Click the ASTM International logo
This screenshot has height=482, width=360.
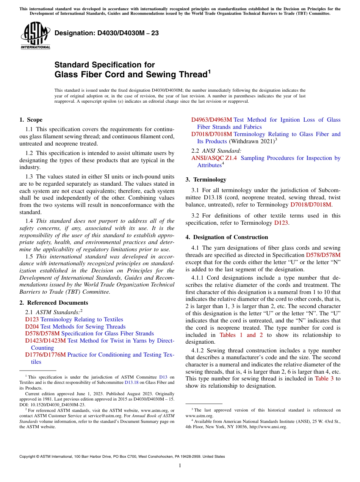(x=35, y=36)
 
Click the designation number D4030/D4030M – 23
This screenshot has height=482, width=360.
(x=106, y=33)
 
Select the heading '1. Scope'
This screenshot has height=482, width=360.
(x=31, y=120)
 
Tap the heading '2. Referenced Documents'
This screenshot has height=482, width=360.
(x=53, y=303)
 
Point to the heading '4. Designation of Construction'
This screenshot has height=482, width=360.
(x=227, y=237)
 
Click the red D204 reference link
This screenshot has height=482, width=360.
(x=32, y=327)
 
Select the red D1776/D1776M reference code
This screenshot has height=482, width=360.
(x=45, y=355)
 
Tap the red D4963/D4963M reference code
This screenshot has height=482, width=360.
(x=211, y=120)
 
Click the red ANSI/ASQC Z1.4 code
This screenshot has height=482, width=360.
(x=214, y=158)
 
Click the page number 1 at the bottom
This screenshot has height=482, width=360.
(x=180, y=466)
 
